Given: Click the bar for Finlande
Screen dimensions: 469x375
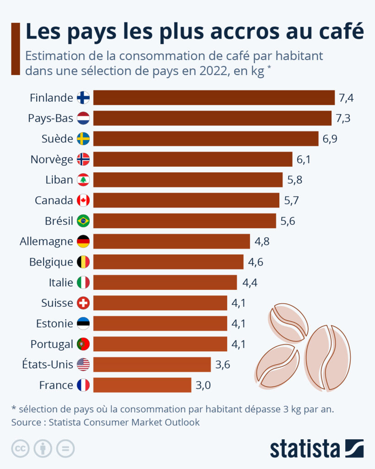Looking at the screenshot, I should coord(214,98).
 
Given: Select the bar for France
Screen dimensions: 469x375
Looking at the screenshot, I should coord(142,385).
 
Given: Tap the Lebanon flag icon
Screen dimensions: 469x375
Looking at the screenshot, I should coord(83,180).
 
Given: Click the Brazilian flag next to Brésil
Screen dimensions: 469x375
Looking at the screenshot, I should coord(83,221).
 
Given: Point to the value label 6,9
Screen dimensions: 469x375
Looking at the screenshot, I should coord(330,139).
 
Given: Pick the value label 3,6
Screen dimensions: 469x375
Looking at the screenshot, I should coord(223,365).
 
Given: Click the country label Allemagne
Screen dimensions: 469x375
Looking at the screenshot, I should coord(46,241).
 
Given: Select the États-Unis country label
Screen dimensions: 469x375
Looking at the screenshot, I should coord(48,365).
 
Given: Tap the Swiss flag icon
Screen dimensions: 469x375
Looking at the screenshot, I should coord(83,303).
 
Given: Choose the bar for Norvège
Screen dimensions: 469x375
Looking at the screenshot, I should coord(192,159).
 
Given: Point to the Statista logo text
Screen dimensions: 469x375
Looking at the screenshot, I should coord(304,448).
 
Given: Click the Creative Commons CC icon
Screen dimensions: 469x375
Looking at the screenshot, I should coord(21,448).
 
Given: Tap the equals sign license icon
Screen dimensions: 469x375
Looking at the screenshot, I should coord(65,448).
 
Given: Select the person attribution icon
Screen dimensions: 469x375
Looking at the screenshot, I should coord(43,448).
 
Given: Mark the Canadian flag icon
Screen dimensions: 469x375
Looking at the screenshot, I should coord(83,200).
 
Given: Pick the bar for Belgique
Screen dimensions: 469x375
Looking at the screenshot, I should coord(168,262).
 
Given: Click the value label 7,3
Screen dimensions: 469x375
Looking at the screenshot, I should coord(343,118).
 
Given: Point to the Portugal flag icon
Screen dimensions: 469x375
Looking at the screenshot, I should coord(83,344).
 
